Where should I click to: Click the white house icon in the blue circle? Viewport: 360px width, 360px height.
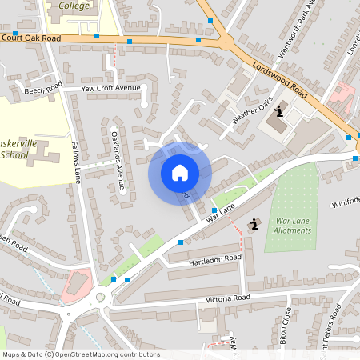179,173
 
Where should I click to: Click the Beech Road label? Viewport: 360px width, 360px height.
43,91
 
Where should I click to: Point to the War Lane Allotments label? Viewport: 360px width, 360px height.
293,225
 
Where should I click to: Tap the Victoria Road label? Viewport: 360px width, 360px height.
229,298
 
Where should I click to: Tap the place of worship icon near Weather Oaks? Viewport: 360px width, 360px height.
278,110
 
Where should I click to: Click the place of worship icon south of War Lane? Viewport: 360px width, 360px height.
254,225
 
